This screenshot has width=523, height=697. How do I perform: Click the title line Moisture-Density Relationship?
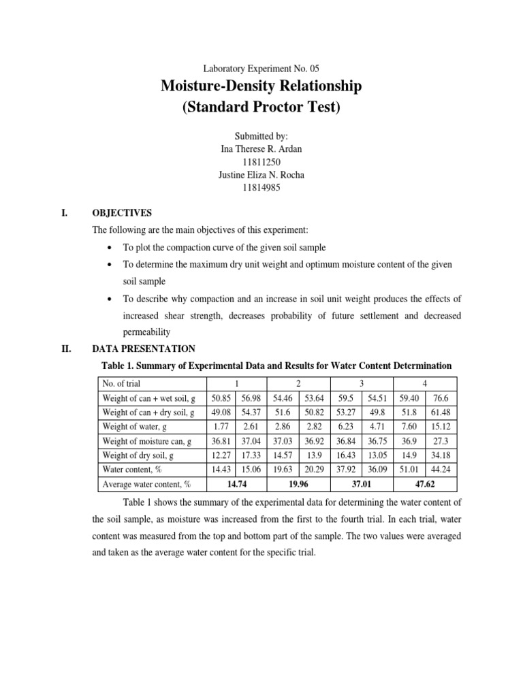pos(261,86)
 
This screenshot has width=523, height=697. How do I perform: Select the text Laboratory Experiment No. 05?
pos(261,69)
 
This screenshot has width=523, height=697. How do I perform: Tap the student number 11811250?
pos(261,162)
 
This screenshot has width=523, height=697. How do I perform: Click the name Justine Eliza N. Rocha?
pos(261,175)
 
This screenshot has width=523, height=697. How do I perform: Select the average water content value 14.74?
pos(238,484)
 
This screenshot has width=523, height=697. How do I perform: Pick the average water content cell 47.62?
pos(425,484)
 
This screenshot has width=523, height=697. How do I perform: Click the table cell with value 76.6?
pos(441,398)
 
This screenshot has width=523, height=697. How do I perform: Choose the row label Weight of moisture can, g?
pos(146,442)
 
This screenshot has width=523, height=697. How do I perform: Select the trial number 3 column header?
pos(362,383)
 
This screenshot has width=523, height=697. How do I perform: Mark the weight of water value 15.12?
pos(441,427)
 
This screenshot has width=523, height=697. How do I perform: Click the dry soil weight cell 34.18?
pos(441,455)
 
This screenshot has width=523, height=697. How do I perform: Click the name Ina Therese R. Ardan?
pos(261,149)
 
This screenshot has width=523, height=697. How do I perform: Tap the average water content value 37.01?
pos(362,484)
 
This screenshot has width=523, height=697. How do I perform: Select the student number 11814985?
pos(261,188)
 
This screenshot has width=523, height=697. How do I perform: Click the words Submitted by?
pos(261,136)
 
